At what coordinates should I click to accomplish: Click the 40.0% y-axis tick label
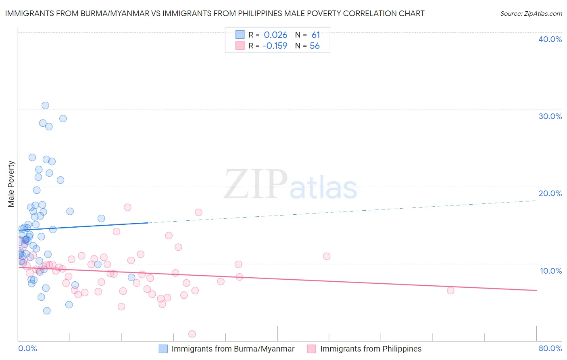click(550, 39)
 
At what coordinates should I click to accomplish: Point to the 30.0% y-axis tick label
click(550, 116)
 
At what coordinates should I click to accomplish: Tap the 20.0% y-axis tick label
click(550, 193)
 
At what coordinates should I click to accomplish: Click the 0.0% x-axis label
click(27, 348)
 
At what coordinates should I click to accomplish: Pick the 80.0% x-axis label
click(550, 348)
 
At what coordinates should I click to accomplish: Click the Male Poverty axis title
click(11, 184)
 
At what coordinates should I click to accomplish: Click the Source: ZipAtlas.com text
click(531, 13)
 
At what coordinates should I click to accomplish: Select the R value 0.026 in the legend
click(275, 35)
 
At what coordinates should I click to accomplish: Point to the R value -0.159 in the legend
click(275, 46)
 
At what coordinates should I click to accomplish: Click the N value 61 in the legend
click(316, 35)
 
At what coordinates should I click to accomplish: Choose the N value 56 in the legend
click(315, 46)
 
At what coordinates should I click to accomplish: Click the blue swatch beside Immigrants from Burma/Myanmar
click(163, 349)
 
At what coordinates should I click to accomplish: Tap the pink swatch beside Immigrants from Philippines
click(311, 349)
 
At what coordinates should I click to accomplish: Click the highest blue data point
click(45, 105)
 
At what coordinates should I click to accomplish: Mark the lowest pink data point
click(192, 334)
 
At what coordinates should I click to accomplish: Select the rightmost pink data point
click(450, 291)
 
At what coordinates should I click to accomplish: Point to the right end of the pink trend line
click(536, 290)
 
